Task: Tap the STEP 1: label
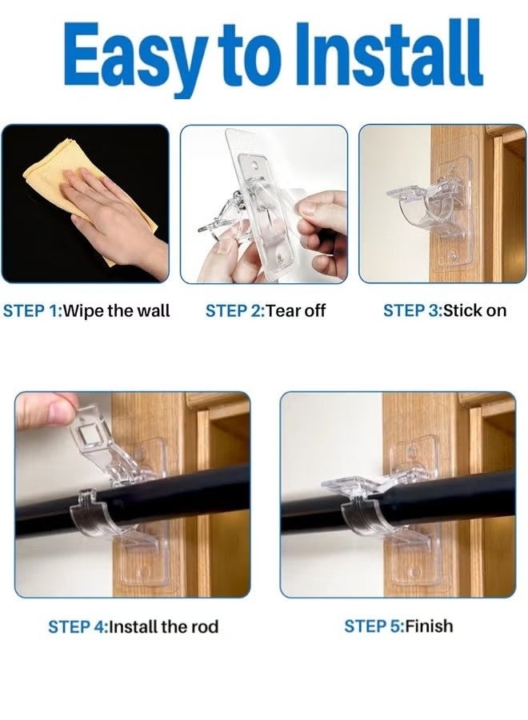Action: (x=31, y=310)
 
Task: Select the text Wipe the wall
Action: (x=116, y=310)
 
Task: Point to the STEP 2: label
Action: (x=234, y=310)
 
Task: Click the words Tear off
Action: (x=296, y=310)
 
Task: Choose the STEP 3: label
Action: (x=412, y=310)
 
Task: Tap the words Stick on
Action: (x=474, y=310)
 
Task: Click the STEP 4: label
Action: (x=77, y=626)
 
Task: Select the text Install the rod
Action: (x=162, y=626)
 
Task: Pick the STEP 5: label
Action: (x=374, y=626)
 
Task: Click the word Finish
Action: (x=430, y=626)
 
